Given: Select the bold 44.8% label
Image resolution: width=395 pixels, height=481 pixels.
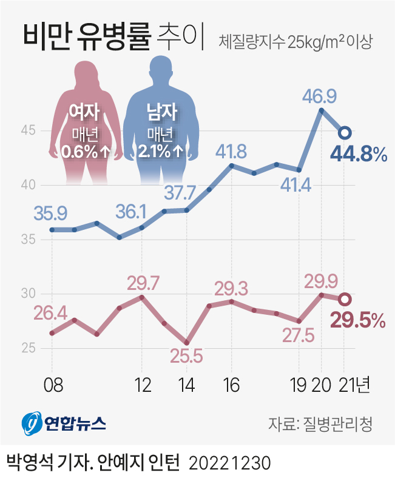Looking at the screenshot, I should tap(358, 155).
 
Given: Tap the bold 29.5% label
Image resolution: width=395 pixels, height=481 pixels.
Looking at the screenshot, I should tap(357, 320).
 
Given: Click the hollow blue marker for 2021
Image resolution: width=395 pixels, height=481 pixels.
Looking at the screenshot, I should tap(344, 133).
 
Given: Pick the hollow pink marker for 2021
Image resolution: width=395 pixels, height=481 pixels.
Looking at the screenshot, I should tap(344, 299).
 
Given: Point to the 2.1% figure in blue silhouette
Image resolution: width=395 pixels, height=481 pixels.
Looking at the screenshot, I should tap(155, 151).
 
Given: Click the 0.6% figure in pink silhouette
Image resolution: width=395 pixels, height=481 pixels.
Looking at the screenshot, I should tap(79, 151).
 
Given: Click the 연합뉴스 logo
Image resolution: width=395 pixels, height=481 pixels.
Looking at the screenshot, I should tap(64, 423).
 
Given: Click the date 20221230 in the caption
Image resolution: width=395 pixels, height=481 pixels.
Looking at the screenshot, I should tap(229, 464).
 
